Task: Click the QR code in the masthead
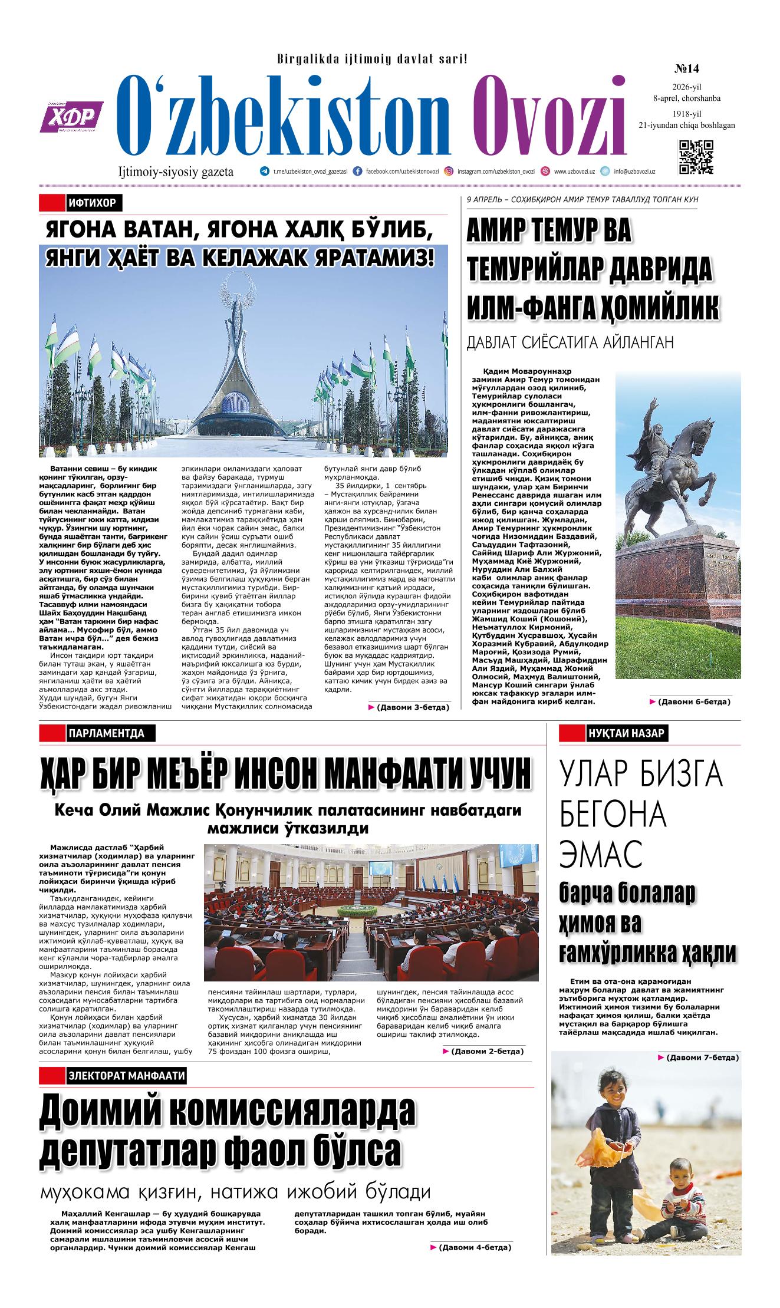click(696, 157)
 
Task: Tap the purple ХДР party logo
click(71, 116)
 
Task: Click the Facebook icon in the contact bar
click(357, 172)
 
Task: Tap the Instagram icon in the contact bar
click(449, 172)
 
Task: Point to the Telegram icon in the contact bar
click(264, 172)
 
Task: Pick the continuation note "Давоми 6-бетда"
click(693, 701)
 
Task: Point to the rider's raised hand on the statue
click(653, 403)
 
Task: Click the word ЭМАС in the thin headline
click(600, 855)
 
